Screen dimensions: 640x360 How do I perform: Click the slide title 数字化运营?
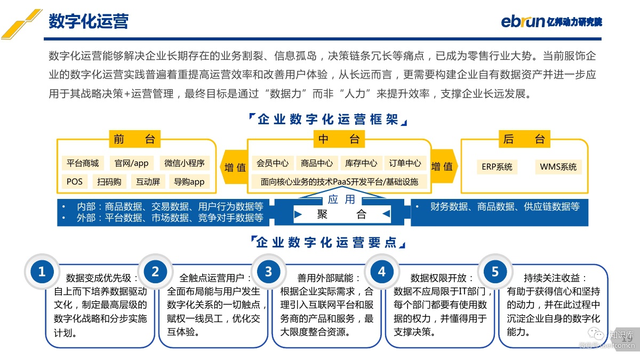[89, 21]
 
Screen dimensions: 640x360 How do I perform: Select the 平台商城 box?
[83, 163]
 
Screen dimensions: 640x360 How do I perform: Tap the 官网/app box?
[131, 163]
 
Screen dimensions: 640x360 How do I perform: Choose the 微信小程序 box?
[185, 163]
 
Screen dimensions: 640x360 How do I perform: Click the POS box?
[75, 182]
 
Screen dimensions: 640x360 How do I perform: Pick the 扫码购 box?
[109, 182]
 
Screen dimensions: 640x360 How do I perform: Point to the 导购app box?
[189, 182]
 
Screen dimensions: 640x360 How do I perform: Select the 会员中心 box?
[273, 163]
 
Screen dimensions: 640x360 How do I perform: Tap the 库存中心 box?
[361, 163]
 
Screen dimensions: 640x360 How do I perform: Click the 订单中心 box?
[405, 163]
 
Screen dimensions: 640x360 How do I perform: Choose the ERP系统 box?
[497, 167]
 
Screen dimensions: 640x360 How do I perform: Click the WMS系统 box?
[558, 167]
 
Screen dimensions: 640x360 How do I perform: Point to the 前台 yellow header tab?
[134, 139]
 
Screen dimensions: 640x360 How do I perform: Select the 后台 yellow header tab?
[524, 139]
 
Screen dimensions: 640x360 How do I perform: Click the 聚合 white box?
[342, 214]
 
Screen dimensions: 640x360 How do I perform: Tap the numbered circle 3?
[268, 271]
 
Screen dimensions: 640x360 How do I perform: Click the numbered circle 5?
[495, 271]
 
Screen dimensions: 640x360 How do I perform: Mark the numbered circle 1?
[42, 271]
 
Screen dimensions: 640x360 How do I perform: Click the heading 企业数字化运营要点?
[327, 242]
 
